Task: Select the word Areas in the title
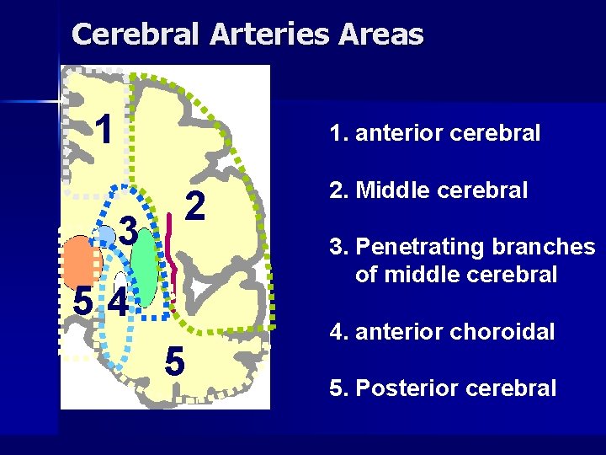pos(382,35)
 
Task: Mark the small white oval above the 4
pos(120,281)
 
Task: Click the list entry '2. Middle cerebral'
pos(429,190)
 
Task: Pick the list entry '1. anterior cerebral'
pos(435,133)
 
